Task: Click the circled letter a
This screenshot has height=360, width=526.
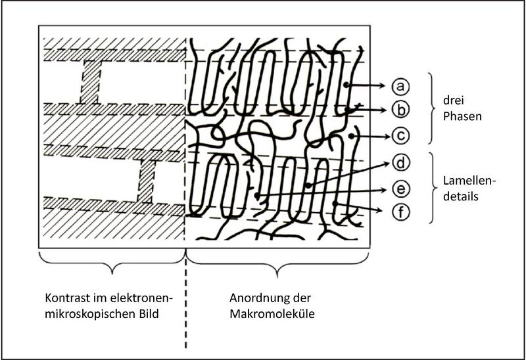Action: pyautogui.click(x=400, y=87)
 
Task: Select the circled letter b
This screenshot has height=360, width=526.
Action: pyautogui.click(x=400, y=110)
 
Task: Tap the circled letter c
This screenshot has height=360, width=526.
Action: pyautogui.click(x=400, y=136)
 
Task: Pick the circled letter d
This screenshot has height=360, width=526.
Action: pyautogui.click(x=400, y=163)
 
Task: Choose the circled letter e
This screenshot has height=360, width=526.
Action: pyautogui.click(x=400, y=189)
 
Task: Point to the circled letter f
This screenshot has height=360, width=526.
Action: pyautogui.click(x=400, y=212)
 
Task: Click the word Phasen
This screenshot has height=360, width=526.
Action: pyautogui.click(x=462, y=116)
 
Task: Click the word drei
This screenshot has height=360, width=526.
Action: pyautogui.click(x=453, y=101)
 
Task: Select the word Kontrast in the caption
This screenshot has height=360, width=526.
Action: pyautogui.click(x=70, y=298)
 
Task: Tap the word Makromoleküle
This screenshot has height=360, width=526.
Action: pyautogui.click(x=272, y=314)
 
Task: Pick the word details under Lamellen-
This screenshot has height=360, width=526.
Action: pyautogui.click(x=461, y=196)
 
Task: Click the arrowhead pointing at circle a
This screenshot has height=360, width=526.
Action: pyautogui.click(x=383, y=86)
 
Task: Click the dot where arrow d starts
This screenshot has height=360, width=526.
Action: pyautogui.click(x=308, y=185)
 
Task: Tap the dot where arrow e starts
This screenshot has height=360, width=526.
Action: pyautogui.click(x=256, y=194)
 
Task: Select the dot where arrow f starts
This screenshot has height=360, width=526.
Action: pyautogui.click(x=335, y=204)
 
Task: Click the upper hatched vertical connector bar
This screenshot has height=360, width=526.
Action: pyautogui.click(x=90, y=82)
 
